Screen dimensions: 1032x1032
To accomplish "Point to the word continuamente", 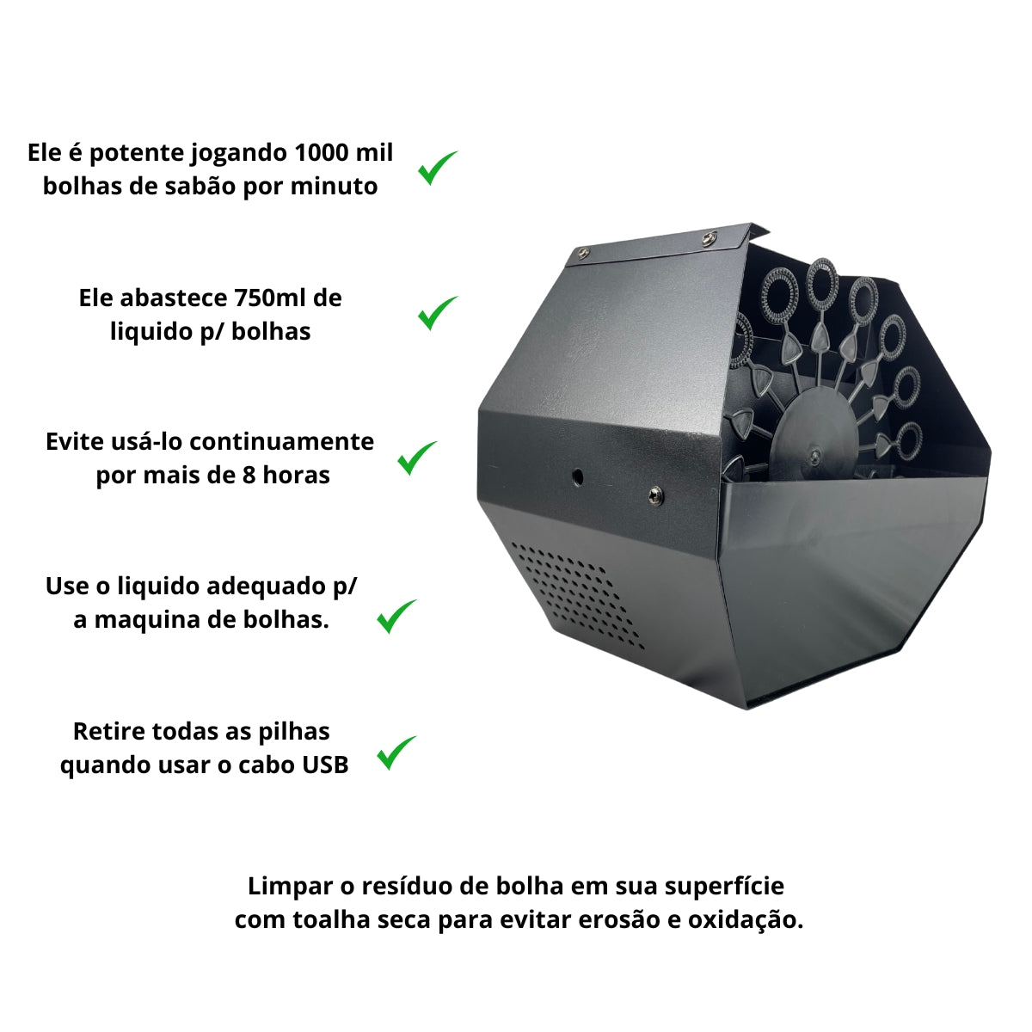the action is [x=282, y=442].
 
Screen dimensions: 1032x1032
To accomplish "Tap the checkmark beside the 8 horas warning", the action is [x=416, y=458].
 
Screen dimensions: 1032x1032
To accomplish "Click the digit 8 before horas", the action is [x=249, y=476].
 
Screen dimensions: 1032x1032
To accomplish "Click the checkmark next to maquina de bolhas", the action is [x=396, y=617].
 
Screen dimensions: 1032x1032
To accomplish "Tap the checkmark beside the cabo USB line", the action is [x=396, y=753].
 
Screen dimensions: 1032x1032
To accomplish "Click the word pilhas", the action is [x=294, y=733].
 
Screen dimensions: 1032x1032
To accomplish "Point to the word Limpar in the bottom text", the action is [x=290, y=888].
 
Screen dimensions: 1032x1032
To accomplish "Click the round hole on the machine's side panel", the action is [x=577, y=476].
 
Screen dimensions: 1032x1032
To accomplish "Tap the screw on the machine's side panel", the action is [x=655, y=497].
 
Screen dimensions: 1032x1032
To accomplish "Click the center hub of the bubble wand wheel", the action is [x=814, y=456].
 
